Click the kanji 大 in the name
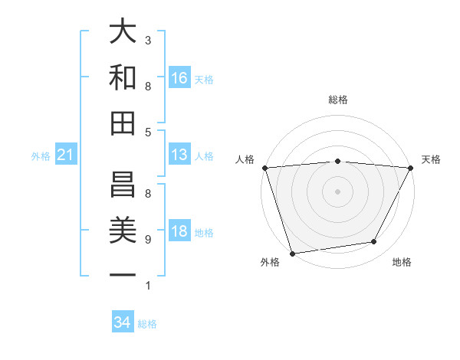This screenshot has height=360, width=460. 123,32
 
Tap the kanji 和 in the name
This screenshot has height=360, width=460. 123,77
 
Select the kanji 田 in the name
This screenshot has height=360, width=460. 123,123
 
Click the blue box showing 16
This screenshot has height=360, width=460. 179,78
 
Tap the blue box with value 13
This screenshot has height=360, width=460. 179,155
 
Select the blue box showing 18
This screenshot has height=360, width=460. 179,231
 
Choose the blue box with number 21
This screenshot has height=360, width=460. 65,155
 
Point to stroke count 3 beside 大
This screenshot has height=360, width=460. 148,40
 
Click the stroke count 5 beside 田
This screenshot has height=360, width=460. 148,133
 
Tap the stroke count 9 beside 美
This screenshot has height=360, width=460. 148,240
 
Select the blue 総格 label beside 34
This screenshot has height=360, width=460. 147,324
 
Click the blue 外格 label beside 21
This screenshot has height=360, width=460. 41,156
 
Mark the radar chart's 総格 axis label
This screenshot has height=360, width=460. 337,100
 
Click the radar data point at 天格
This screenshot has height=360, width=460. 411,168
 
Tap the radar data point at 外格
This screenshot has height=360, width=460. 292,254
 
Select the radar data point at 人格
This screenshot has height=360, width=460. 264,168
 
